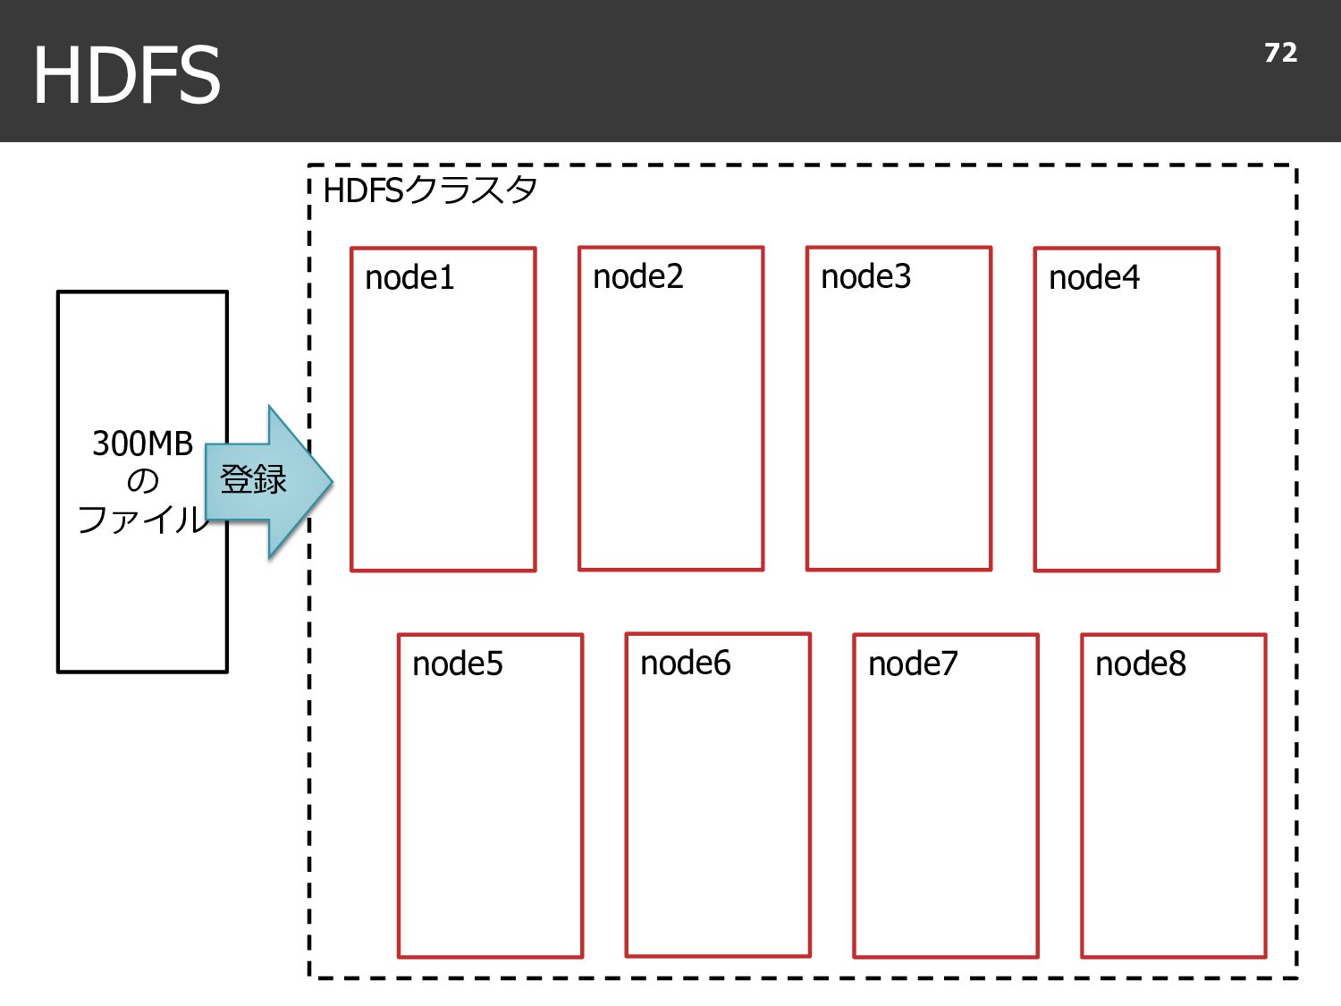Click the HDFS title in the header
click(x=126, y=74)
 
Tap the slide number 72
click(x=1280, y=53)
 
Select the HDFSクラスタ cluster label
click(x=429, y=190)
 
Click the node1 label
click(x=409, y=278)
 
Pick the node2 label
click(x=637, y=276)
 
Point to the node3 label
click(x=865, y=276)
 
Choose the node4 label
click(x=1093, y=278)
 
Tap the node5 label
click(x=457, y=664)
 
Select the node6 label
click(x=685, y=663)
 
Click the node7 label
click(x=913, y=664)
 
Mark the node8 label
click(x=1141, y=664)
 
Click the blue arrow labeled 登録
click(x=269, y=482)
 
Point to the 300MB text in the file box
click(x=142, y=444)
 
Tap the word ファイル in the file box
click(x=143, y=520)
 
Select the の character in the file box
click(x=142, y=482)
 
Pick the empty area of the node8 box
click(x=1174, y=812)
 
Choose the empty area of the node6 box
click(x=718, y=812)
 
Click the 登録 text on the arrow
click(x=253, y=479)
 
